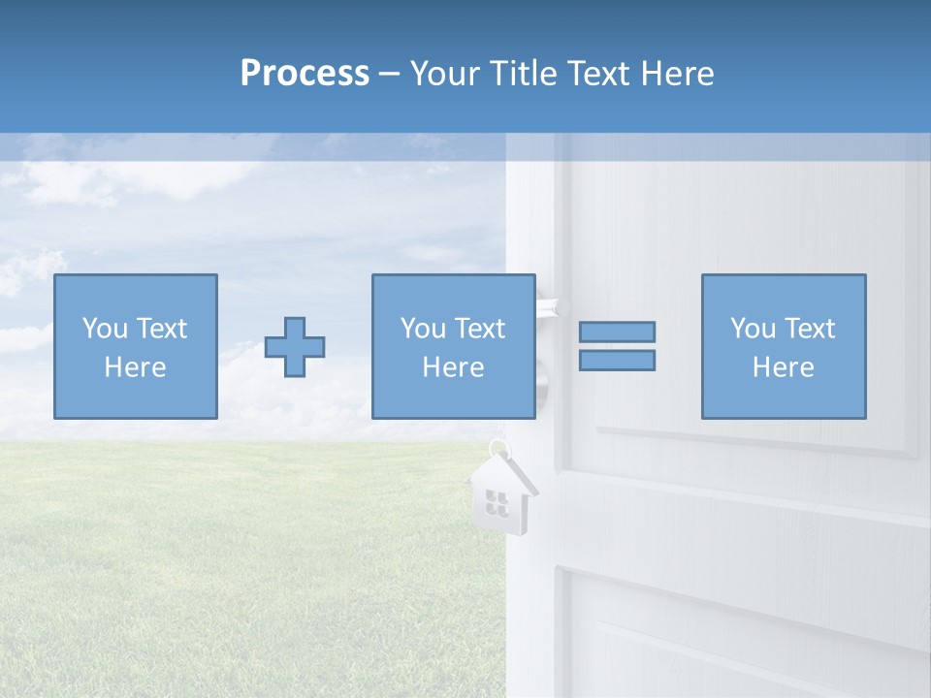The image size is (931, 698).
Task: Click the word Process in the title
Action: (305, 74)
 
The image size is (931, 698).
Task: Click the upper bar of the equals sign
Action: (617, 332)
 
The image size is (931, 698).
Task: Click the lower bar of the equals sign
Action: (617, 360)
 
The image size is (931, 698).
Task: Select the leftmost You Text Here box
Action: (135, 346)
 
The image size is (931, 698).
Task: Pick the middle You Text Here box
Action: (453, 346)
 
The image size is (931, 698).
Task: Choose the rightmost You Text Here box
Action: (783, 346)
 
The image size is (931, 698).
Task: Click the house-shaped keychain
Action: (500, 495)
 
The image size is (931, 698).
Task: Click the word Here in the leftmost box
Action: (135, 367)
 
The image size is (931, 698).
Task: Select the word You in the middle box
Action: (423, 329)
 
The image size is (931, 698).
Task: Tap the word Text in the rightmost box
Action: (810, 329)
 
